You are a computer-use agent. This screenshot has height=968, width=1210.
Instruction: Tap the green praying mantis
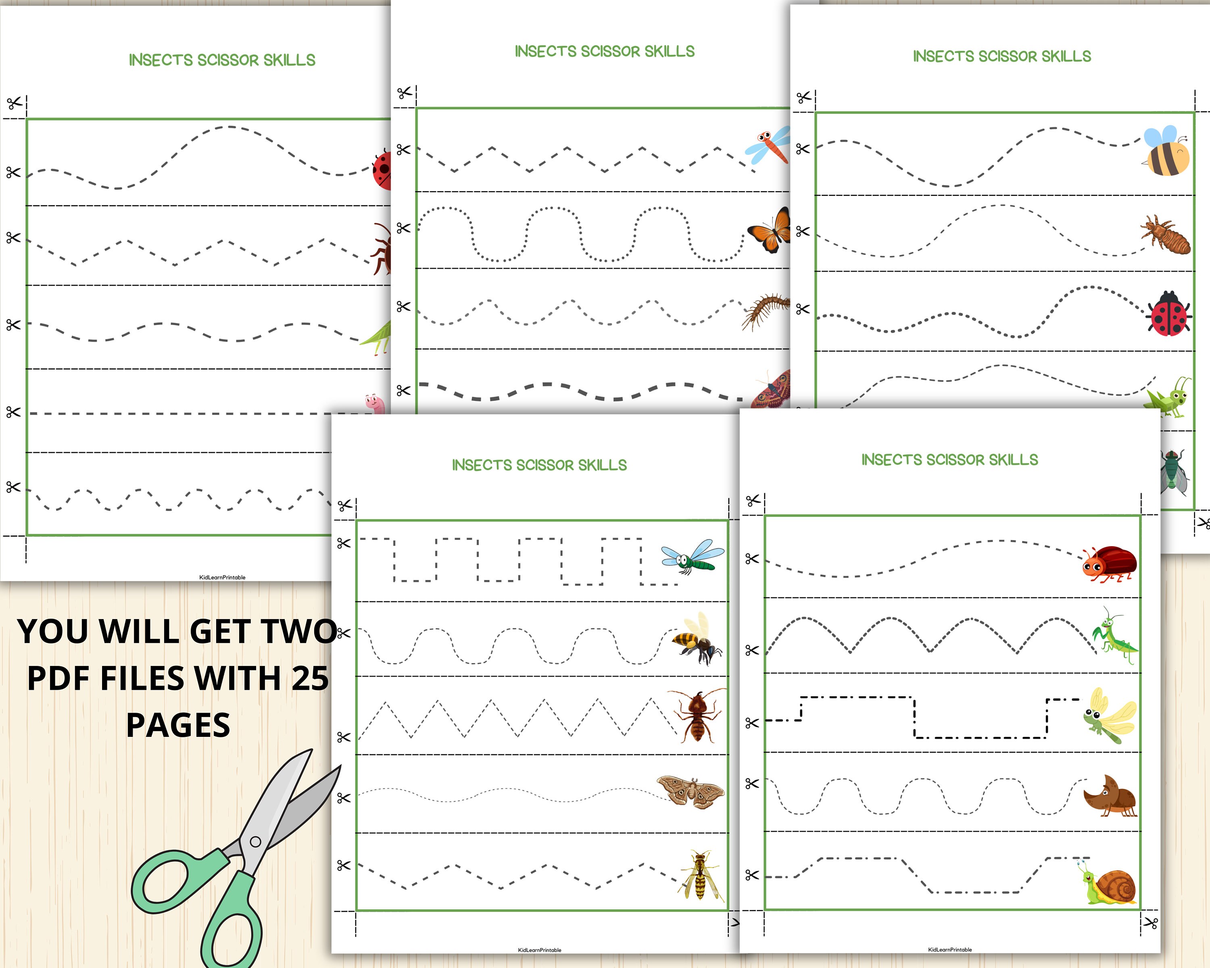point(1114,635)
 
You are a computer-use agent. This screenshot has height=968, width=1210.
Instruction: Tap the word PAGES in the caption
point(178,725)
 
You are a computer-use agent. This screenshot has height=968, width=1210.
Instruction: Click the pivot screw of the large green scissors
point(255,841)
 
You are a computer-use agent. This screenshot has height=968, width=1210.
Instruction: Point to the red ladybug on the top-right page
point(1169,313)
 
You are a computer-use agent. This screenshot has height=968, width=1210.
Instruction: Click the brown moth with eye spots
point(691,792)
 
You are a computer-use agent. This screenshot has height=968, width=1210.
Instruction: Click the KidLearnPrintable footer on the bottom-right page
point(949,949)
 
